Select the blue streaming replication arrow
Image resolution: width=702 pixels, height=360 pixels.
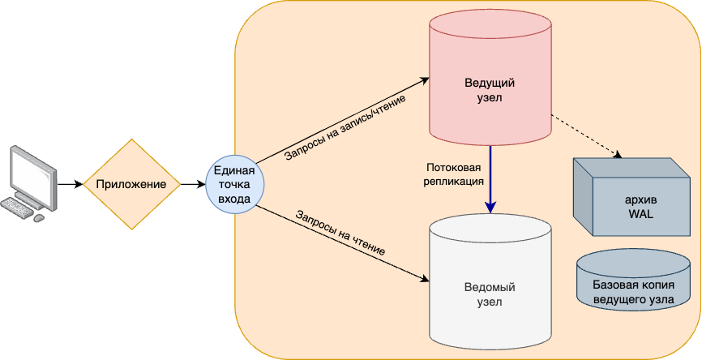[490, 178]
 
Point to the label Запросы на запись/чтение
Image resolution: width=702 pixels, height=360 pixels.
[345, 127]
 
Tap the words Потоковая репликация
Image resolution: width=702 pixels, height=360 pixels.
[454, 175]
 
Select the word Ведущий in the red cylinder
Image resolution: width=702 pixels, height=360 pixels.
[490, 83]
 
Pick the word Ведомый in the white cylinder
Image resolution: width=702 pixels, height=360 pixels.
[490, 287]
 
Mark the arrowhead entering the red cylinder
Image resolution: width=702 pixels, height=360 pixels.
[425, 80]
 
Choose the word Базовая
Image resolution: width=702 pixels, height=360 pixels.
[612, 285]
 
